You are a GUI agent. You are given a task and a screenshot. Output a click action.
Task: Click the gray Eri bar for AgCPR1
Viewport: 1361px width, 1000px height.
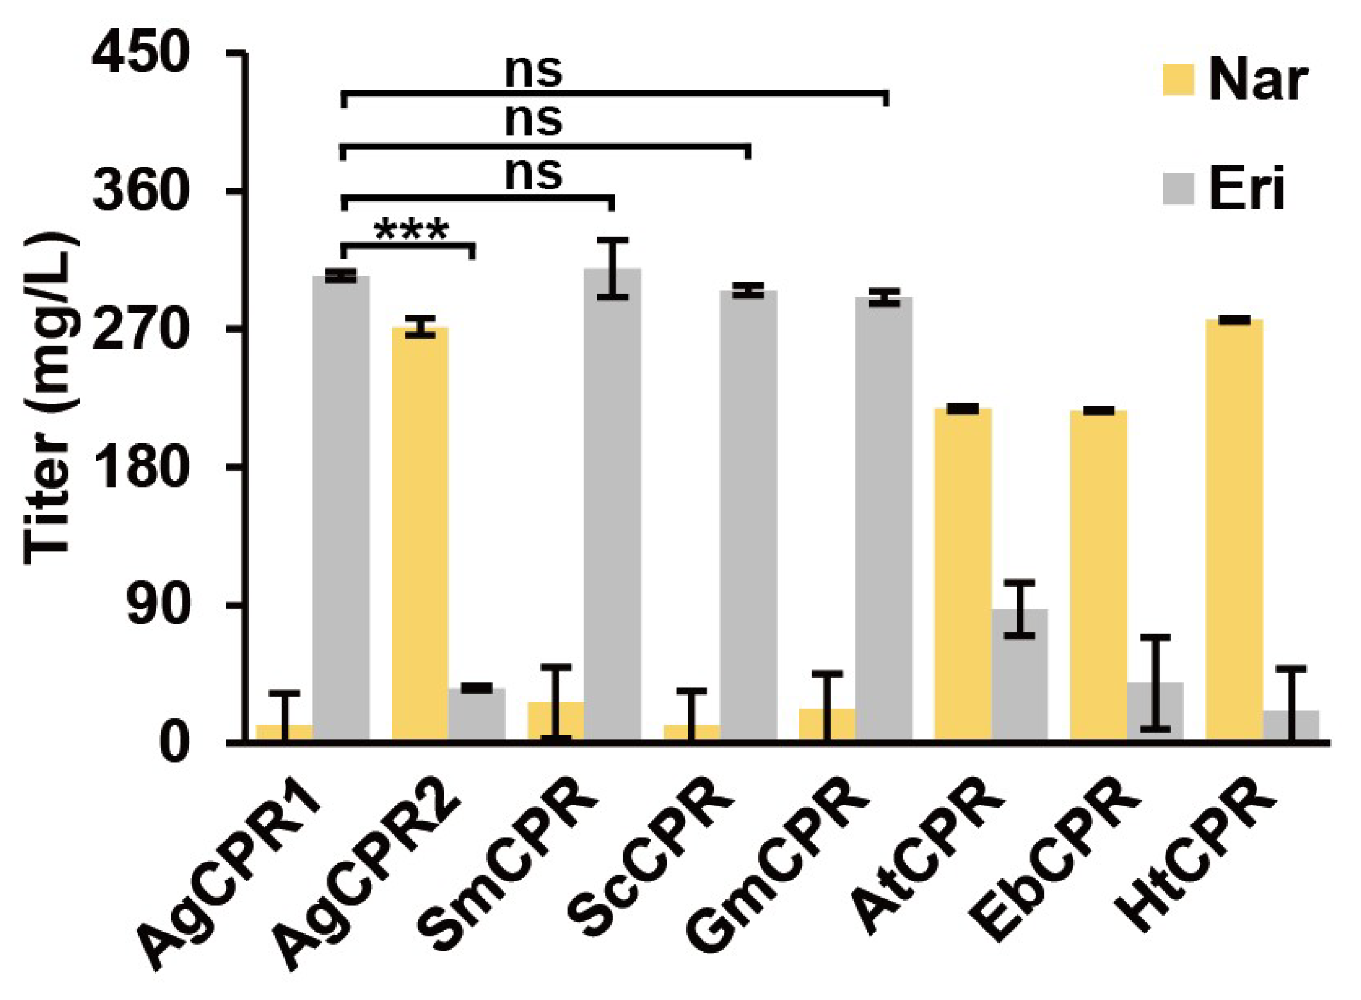341,509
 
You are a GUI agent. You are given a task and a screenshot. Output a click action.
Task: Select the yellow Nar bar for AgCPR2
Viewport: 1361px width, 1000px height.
420,533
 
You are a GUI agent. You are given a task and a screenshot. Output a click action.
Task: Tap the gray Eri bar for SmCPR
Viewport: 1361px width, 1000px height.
612,503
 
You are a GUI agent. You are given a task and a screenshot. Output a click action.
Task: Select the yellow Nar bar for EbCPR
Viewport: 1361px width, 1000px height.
1099,575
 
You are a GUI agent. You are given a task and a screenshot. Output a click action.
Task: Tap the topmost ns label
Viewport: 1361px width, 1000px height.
534,71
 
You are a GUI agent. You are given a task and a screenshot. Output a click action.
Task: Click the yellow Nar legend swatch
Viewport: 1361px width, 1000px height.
1178,80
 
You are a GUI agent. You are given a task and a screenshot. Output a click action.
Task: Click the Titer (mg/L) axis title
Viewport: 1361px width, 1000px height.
51,400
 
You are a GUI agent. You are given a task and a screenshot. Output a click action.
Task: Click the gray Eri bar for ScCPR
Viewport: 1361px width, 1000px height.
748,515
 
